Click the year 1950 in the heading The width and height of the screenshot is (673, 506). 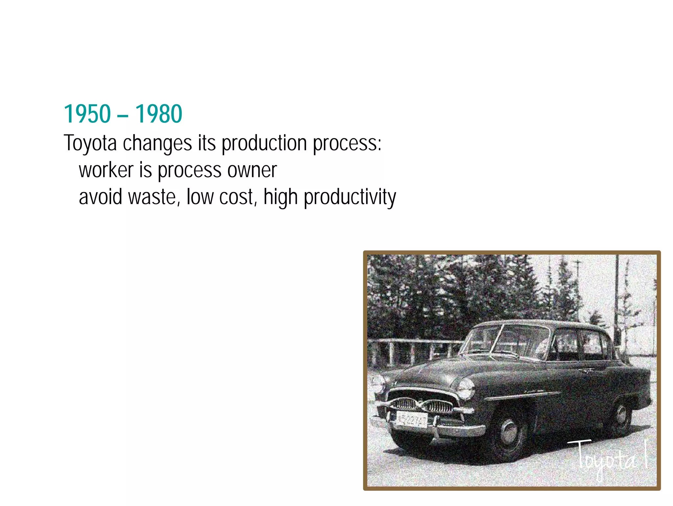click(x=87, y=114)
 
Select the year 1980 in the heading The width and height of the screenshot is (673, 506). click(x=158, y=114)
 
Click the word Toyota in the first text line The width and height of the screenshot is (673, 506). click(x=90, y=143)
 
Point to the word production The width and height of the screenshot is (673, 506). click(x=264, y=143)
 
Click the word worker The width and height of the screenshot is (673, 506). click(x=106, y=170)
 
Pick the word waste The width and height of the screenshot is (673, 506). click(x=153, y=197)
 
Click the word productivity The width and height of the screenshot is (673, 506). click(x=350, y=197)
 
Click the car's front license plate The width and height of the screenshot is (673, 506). click(x=412, y=420)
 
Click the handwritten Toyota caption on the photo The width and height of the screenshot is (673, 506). click(x=606, y=458)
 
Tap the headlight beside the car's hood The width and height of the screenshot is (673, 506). click(x=466, y=388)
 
